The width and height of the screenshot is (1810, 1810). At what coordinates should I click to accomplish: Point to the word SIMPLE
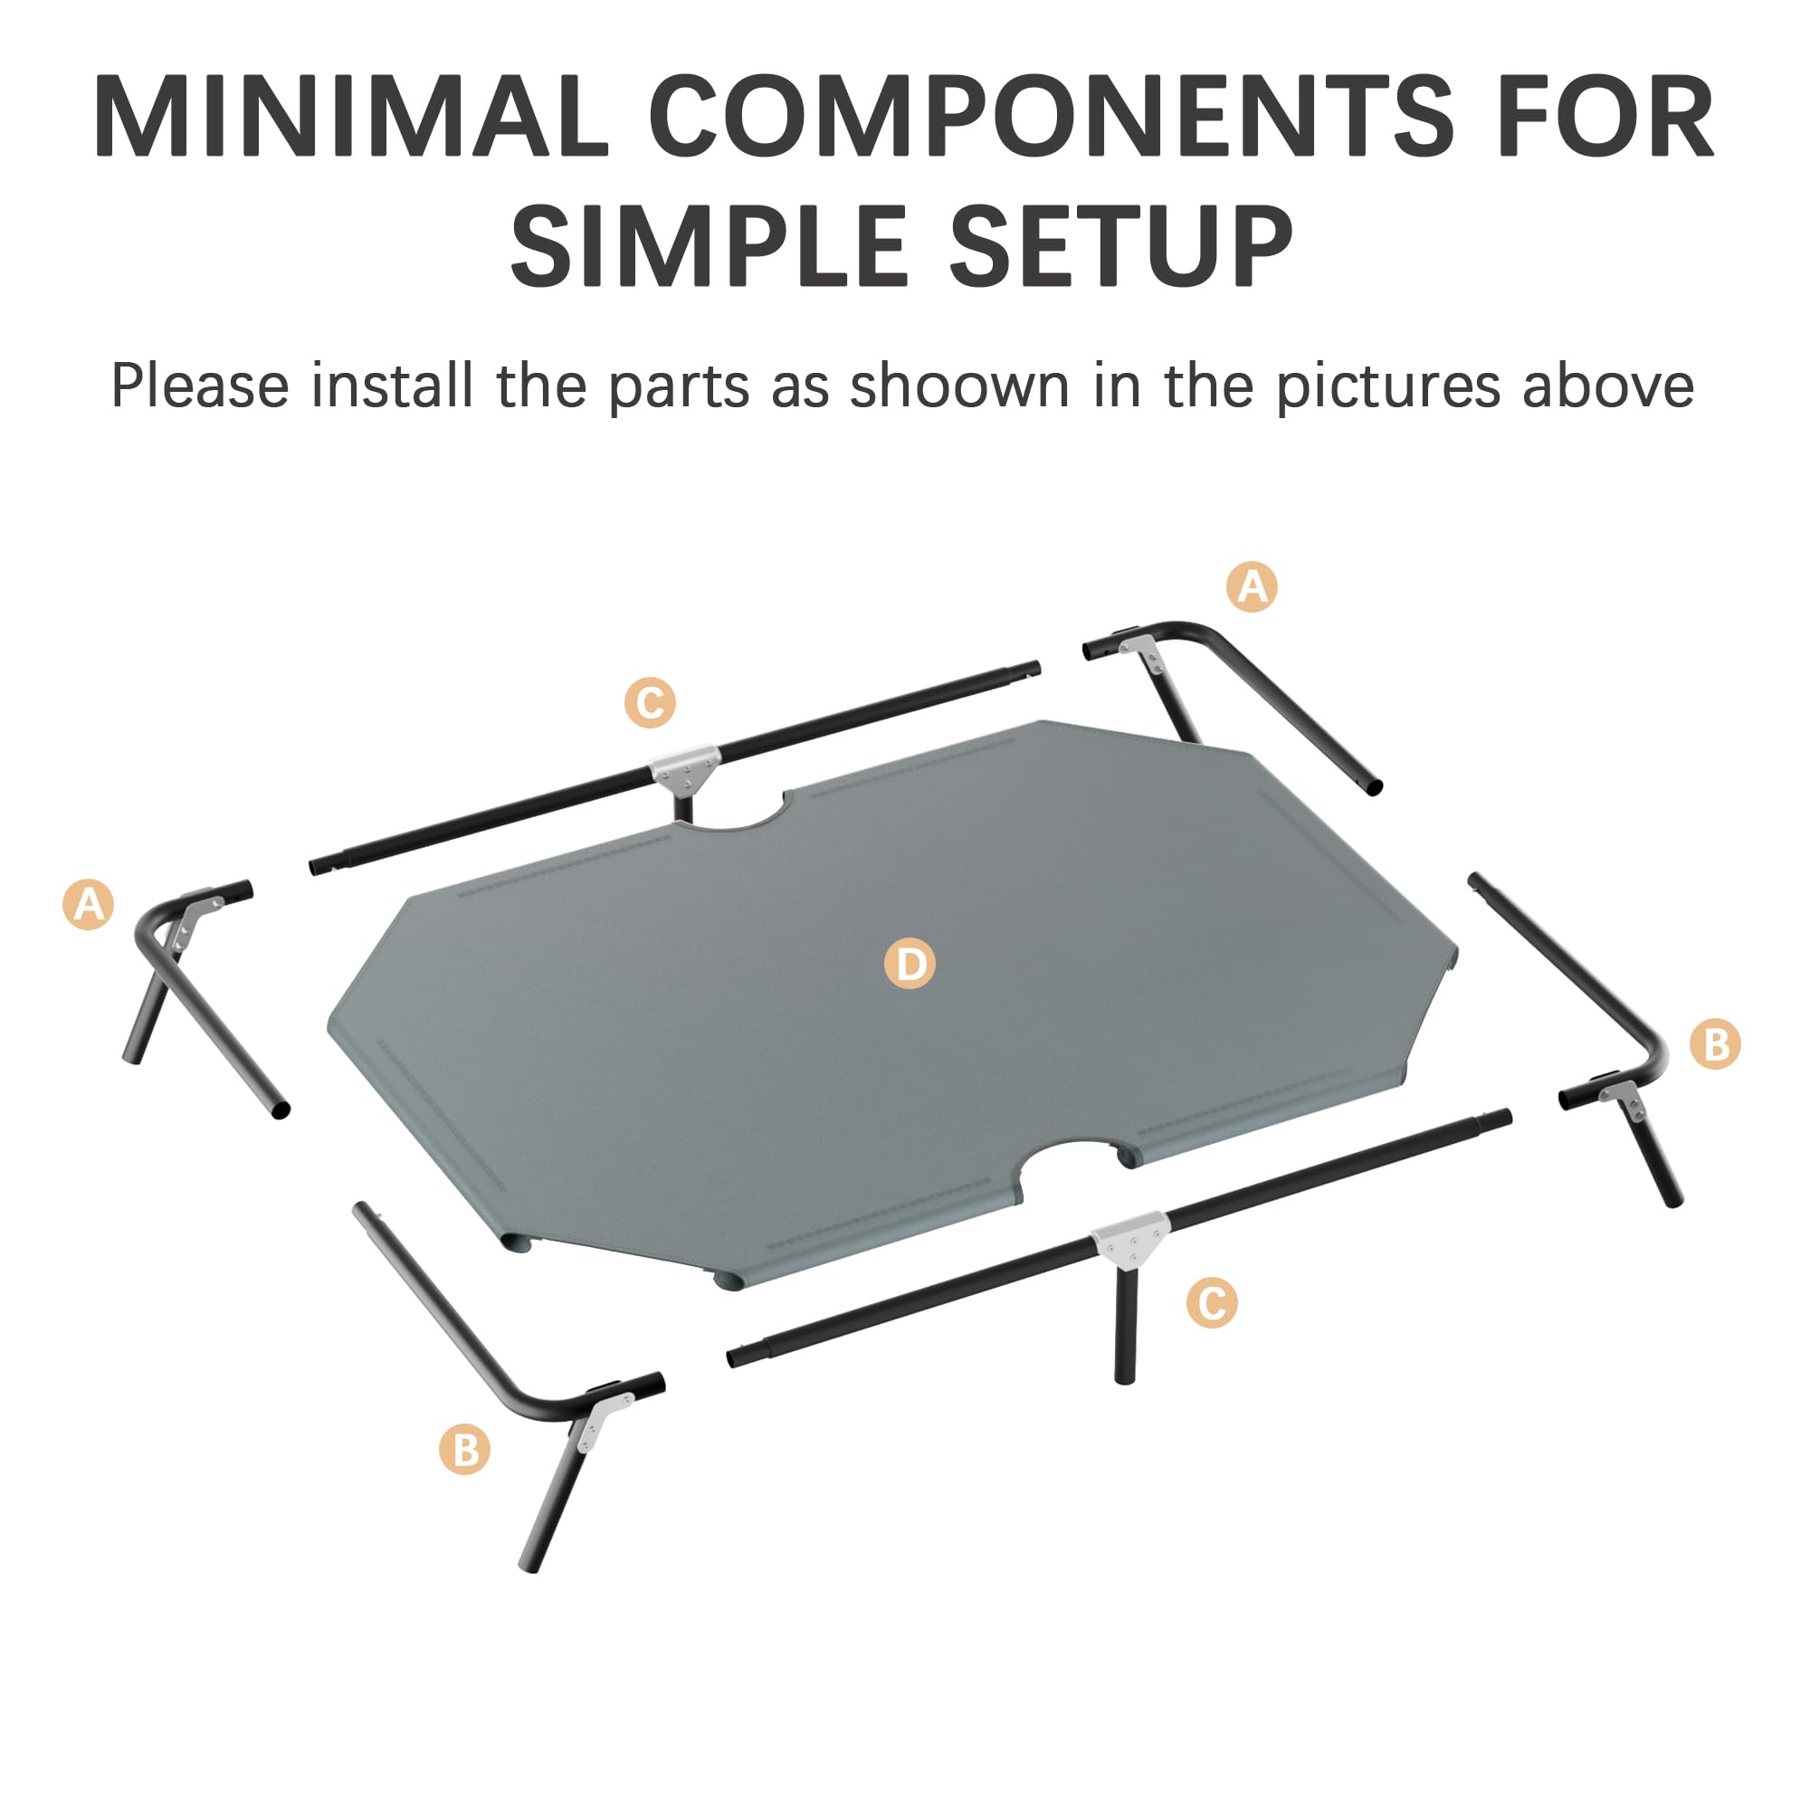[x=708, y=245]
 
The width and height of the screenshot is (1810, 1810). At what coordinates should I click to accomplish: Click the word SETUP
[x=1122, y=245]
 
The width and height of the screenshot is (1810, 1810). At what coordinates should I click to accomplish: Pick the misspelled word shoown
[x=959, y=386]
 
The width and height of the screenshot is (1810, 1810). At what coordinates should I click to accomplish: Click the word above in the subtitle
[x=1607, y=386]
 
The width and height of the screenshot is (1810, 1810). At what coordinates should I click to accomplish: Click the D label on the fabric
[x=910, y=963]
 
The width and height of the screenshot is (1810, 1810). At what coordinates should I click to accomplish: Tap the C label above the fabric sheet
[x=649, y=702]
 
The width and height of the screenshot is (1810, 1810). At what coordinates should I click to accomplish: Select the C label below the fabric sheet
[x=1212, y=1303]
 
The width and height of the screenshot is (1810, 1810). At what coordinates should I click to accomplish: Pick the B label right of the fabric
[x=1714, y=1044]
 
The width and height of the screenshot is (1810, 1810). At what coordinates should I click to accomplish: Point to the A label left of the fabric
[x=88, y=905]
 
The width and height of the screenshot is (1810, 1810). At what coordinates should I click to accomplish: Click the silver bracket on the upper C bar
[x=686, y=768]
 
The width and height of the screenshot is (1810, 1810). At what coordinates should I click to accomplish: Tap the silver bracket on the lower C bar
[x=1130, y=1239]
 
